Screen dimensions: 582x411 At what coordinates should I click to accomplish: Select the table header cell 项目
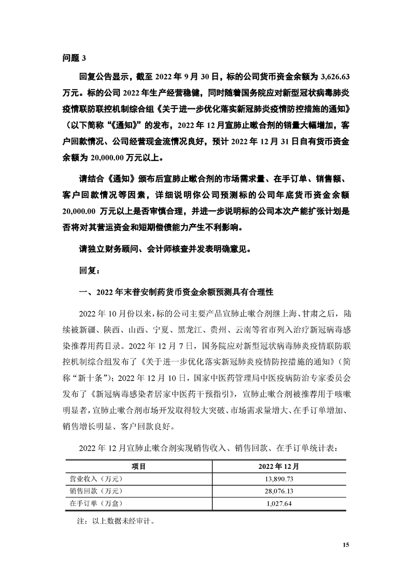tap(139, 466)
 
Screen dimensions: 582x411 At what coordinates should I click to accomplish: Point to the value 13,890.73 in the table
tap(282, 478)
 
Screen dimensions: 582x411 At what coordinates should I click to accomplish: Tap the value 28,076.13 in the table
tap(282, 490)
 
